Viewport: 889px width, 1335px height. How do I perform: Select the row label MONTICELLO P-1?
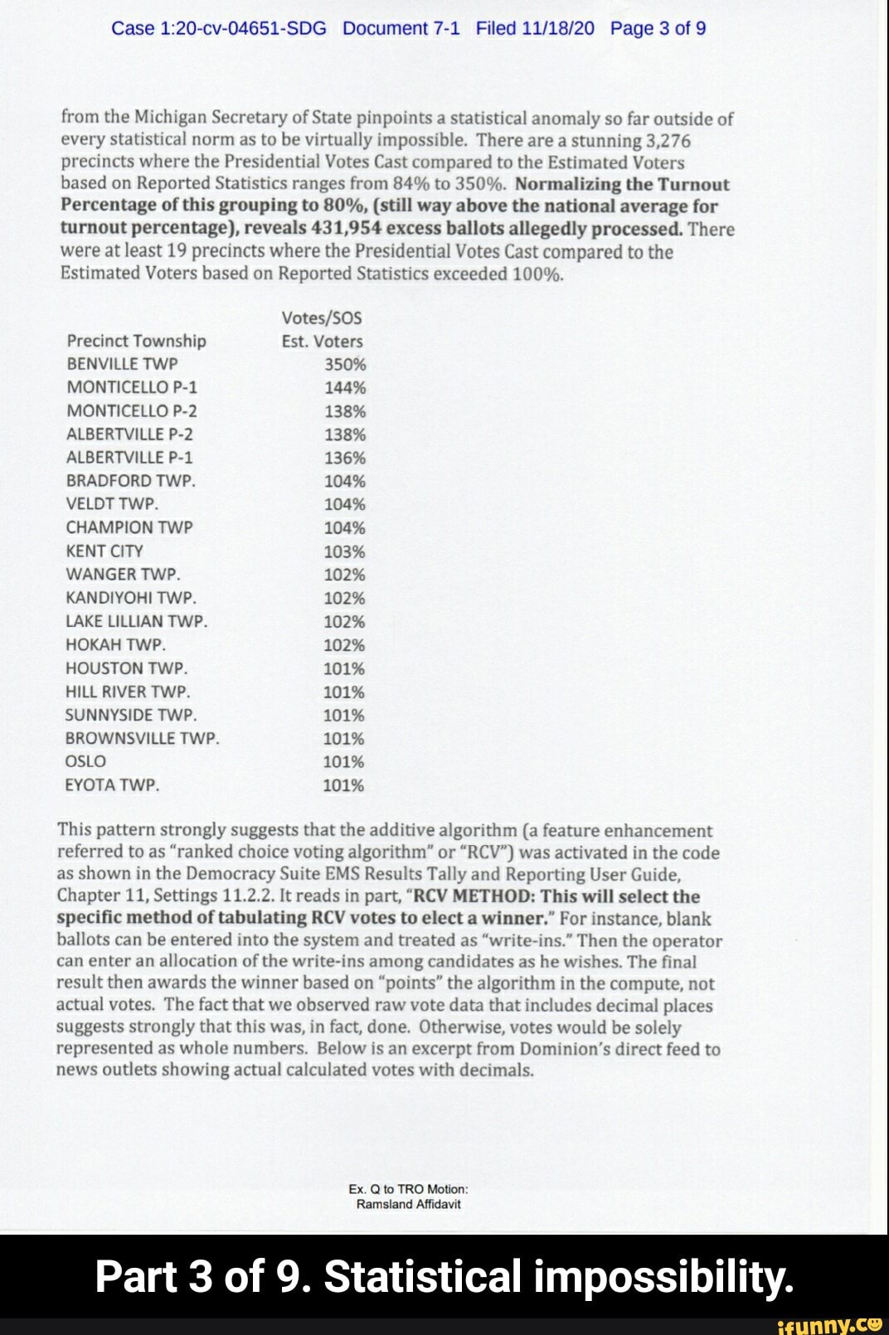click(132, 387)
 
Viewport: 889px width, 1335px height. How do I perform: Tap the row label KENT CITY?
click(104, 551)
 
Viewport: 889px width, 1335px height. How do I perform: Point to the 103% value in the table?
click(344, 551)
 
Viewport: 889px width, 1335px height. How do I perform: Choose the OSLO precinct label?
click(85, 761)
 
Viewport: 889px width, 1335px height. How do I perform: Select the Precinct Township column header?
click(137, 341)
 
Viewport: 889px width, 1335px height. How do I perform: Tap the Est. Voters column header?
click(322, 341)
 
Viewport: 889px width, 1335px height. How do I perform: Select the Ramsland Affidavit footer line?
click(408, 1204)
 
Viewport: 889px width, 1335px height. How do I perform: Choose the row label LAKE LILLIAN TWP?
click(137, 621)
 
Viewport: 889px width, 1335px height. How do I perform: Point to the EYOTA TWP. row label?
click(112, 784)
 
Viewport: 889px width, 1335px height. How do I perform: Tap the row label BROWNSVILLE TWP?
click(143, 738)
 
